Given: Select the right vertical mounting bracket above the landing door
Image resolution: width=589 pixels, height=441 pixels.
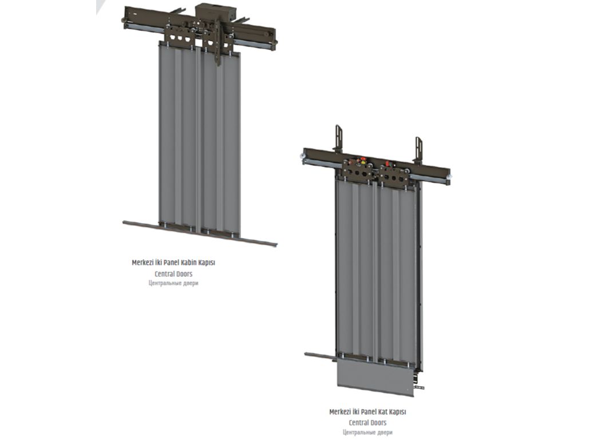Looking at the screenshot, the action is (418, 149).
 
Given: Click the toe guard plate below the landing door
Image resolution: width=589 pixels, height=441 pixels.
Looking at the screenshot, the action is (375, 376).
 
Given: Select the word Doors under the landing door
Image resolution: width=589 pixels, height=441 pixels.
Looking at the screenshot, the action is (378, 423).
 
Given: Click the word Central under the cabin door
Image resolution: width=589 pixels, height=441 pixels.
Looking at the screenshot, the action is (163, 274).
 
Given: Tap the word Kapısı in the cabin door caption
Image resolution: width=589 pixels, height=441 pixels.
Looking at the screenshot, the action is (207, 263).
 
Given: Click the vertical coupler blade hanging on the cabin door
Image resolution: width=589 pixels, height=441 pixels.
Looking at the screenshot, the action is (219, 43).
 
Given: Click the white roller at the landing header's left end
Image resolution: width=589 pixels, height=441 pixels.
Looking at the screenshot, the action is (302, 156).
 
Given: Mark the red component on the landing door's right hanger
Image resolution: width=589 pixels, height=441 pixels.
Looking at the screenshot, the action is (387, 164).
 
